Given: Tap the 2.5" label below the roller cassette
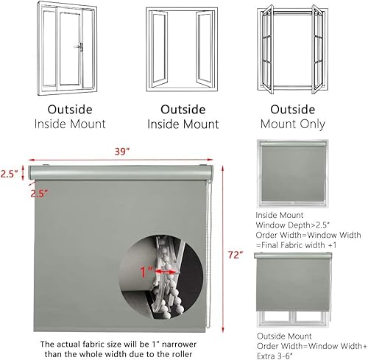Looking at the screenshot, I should (40, 194).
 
